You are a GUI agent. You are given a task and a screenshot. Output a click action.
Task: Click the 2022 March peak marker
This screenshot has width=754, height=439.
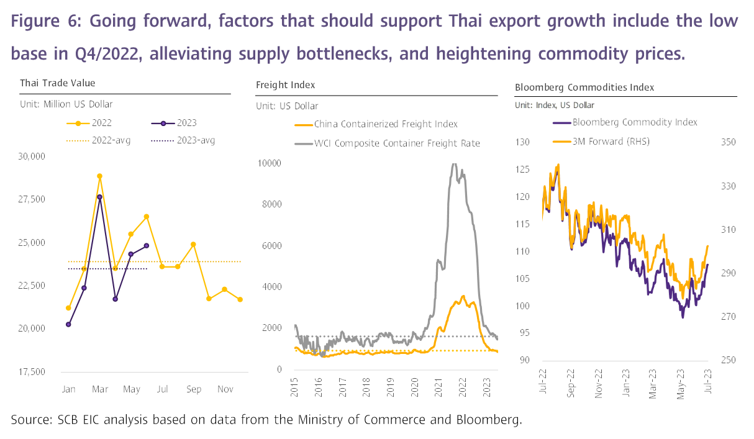[99, 176]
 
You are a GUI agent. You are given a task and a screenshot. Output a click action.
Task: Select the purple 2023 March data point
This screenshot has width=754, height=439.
[99, 197]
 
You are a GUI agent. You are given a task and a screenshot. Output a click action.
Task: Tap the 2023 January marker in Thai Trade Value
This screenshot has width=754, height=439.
[68, 324]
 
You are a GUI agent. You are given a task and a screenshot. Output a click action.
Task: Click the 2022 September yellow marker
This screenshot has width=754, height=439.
[193, 244]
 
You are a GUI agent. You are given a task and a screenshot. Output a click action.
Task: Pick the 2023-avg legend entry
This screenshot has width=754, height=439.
[183, 140]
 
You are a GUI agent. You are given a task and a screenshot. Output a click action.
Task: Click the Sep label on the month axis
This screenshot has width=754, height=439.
[193, 389]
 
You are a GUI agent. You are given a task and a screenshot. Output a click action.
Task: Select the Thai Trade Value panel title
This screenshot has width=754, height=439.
[58, 83]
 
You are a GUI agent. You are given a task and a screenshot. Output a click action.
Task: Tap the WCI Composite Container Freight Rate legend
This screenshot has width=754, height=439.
[388, 143]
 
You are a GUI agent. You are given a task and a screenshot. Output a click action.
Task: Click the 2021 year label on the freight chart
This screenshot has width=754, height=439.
[438, 384]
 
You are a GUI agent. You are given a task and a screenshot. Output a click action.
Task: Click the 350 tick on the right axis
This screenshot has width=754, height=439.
[728, 142]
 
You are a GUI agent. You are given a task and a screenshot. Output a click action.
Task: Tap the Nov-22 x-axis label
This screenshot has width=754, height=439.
[599, 375]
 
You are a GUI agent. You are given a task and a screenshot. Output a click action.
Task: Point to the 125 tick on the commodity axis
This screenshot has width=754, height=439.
[523, 170]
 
